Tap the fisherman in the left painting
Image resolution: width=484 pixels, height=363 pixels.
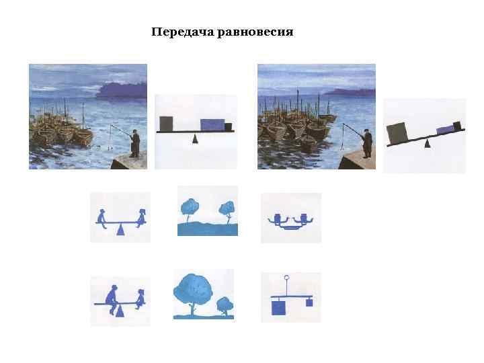135,143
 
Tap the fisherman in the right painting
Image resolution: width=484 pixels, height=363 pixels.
366,143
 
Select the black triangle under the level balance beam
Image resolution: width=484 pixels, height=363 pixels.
196,139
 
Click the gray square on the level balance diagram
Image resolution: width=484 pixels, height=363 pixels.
166,124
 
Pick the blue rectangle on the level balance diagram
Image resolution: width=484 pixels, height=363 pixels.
212,125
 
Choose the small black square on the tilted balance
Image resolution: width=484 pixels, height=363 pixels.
457,125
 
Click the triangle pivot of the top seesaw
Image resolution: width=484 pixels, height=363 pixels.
121,230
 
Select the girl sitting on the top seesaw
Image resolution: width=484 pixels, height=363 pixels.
142,217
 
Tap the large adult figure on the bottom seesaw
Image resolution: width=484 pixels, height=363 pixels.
112,295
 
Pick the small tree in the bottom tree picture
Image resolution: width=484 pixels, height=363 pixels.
224,305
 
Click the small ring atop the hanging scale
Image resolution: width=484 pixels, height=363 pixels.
287,278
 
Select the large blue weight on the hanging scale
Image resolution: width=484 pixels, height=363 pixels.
278,307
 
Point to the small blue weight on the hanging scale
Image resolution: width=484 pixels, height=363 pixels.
309,302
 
